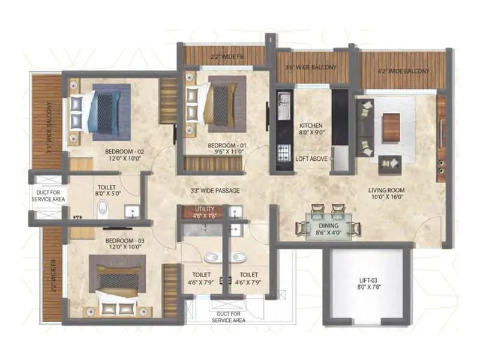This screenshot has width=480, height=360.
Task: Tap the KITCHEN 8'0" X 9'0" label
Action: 311,130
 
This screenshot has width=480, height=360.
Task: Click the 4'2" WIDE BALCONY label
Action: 404,71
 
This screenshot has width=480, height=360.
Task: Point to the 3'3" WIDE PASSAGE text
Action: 215,191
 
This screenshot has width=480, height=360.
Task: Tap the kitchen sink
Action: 281,108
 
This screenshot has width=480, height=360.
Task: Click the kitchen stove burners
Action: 281,154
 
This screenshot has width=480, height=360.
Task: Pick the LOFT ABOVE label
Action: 312,159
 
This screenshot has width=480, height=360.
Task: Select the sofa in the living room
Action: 365,127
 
